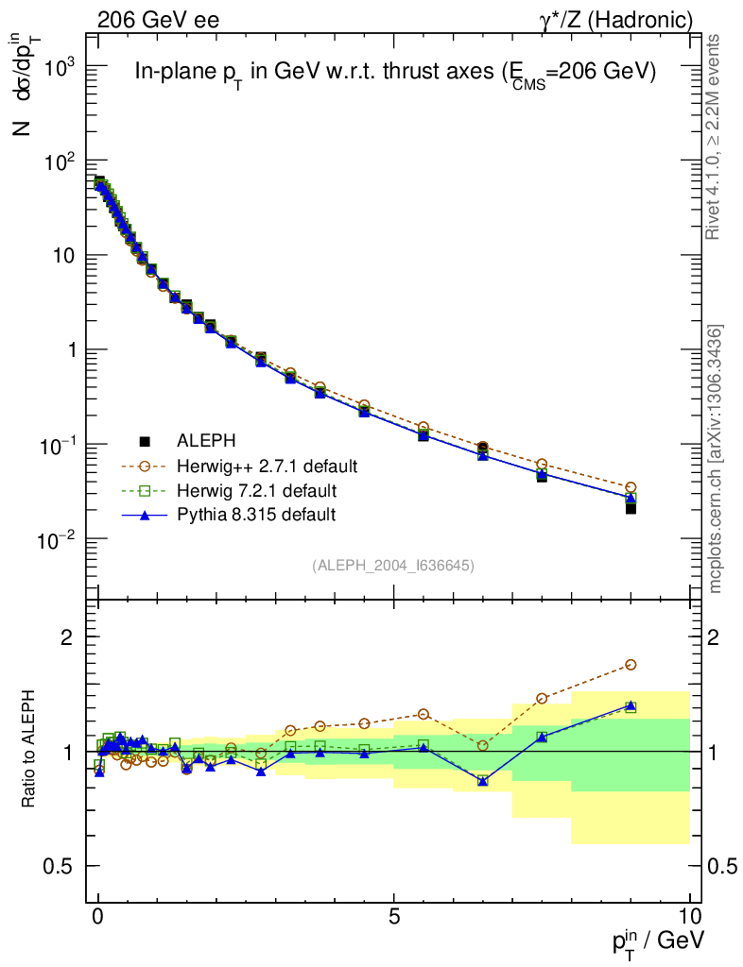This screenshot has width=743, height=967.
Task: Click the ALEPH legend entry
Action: click(x=206, y=441)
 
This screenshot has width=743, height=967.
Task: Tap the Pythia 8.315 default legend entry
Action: click(x=255, y=515)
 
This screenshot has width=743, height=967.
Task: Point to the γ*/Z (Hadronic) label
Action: click(x=616, y=19)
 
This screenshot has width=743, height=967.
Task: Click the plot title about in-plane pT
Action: click(x=395, y=73)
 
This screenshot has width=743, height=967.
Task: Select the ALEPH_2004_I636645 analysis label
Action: click(x=392, y=565)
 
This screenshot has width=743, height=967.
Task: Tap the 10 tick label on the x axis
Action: click(x=689, y=916)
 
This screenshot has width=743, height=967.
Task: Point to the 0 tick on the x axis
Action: click(x=98, y=916)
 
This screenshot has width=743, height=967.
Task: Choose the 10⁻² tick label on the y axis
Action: click(x=58, y=539)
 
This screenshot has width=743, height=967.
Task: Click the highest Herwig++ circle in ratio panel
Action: click(x=631, y=665)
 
